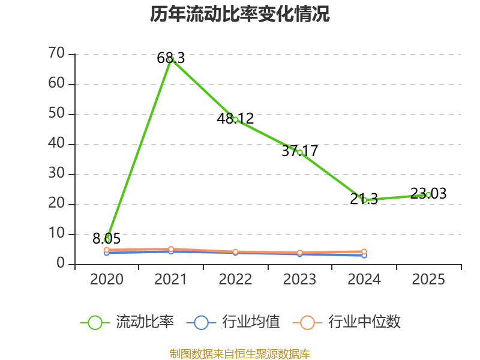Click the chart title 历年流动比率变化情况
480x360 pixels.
240,14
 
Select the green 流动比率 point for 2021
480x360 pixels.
171,59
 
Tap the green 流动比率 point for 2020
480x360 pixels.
107,239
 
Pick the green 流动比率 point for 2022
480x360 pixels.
235,119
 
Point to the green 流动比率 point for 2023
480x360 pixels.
299,152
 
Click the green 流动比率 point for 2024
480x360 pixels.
364,200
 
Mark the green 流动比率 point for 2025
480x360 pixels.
428,194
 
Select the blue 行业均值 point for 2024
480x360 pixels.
364,255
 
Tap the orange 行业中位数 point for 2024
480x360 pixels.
364,251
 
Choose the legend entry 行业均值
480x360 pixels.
233,322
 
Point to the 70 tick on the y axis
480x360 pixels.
56,54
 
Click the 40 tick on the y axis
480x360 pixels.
56,144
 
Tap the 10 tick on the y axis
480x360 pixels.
56,234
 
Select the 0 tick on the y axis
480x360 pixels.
61,264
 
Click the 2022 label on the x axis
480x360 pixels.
235,280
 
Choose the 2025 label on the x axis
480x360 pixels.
428,280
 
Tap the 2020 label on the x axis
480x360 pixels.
107,280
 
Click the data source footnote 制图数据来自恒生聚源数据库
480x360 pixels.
240,354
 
